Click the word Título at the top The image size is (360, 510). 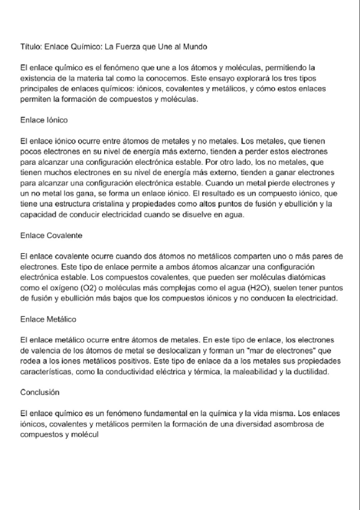29,46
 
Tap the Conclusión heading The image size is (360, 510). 40,392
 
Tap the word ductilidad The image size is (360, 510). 310,372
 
